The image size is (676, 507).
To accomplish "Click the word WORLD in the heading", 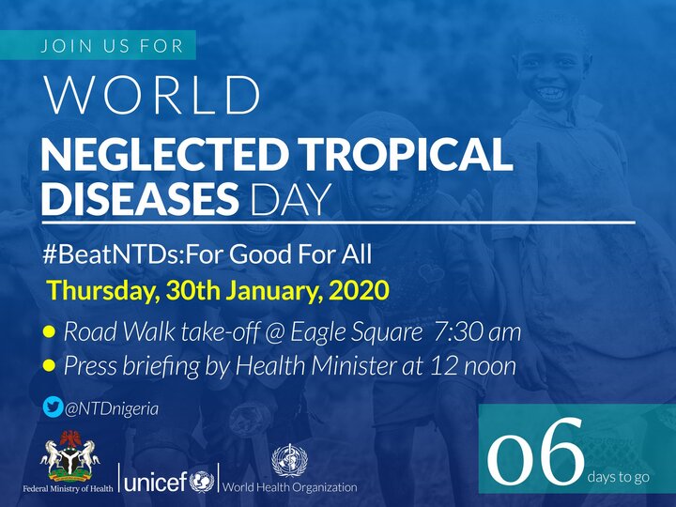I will (152, 95).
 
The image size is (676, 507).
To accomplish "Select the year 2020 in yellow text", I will (358, 290).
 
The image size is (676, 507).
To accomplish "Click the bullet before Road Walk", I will (49, 332).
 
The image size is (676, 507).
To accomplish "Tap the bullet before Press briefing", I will (49, 366).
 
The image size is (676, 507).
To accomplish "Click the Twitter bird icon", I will (53, 407).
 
